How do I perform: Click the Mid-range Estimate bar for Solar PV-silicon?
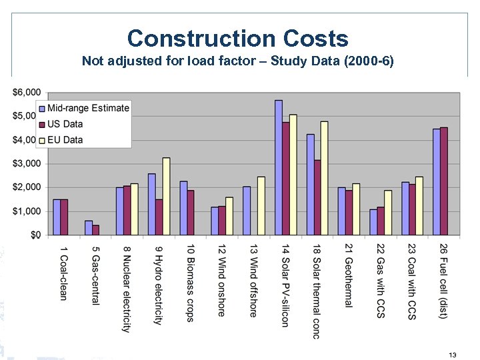coord(278,167)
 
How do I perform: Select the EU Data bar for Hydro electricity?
coord(166,196)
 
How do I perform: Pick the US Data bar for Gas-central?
coord(96,229)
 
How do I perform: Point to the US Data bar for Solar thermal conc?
coord(317,197)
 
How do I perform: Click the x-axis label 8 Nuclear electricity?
coord(126,288)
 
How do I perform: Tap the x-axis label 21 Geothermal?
coord(348,275)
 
